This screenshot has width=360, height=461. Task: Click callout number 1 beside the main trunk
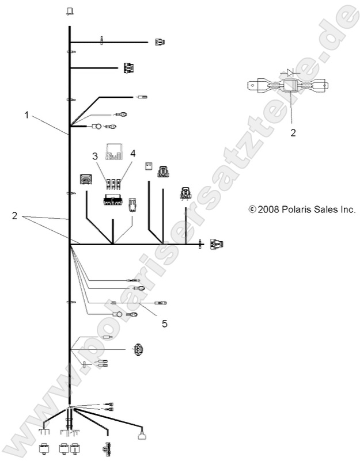[26, 116]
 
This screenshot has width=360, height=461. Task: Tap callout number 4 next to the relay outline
[132, 154]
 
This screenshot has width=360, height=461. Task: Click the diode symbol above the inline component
[290, 73]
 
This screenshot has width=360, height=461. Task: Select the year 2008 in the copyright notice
[268, 209]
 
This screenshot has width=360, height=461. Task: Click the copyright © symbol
[252, 209]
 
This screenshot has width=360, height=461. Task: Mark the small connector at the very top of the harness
[70, 11]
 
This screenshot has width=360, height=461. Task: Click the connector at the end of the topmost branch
[160, 41]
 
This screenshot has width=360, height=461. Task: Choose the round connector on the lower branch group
[138, 349]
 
